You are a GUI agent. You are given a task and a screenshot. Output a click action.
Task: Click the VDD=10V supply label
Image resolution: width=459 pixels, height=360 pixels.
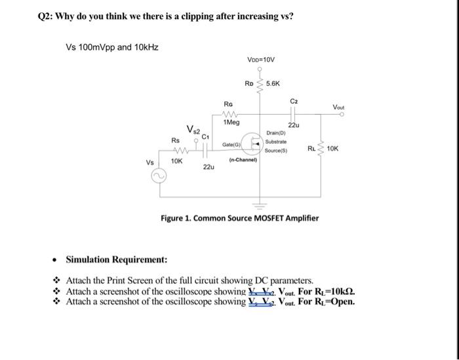point(261,59)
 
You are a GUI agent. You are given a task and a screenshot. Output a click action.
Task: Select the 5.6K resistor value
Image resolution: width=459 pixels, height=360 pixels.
point(273,84)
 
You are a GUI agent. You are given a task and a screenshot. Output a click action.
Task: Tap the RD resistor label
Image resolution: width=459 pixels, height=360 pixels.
point(249,84)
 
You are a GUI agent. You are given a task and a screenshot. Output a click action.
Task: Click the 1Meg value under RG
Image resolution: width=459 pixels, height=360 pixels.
point(231,122)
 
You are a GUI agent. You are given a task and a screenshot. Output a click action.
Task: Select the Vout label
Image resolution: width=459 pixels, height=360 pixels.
point(339,107)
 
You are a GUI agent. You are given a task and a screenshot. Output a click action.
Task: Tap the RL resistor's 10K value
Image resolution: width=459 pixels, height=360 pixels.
point(332,150)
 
